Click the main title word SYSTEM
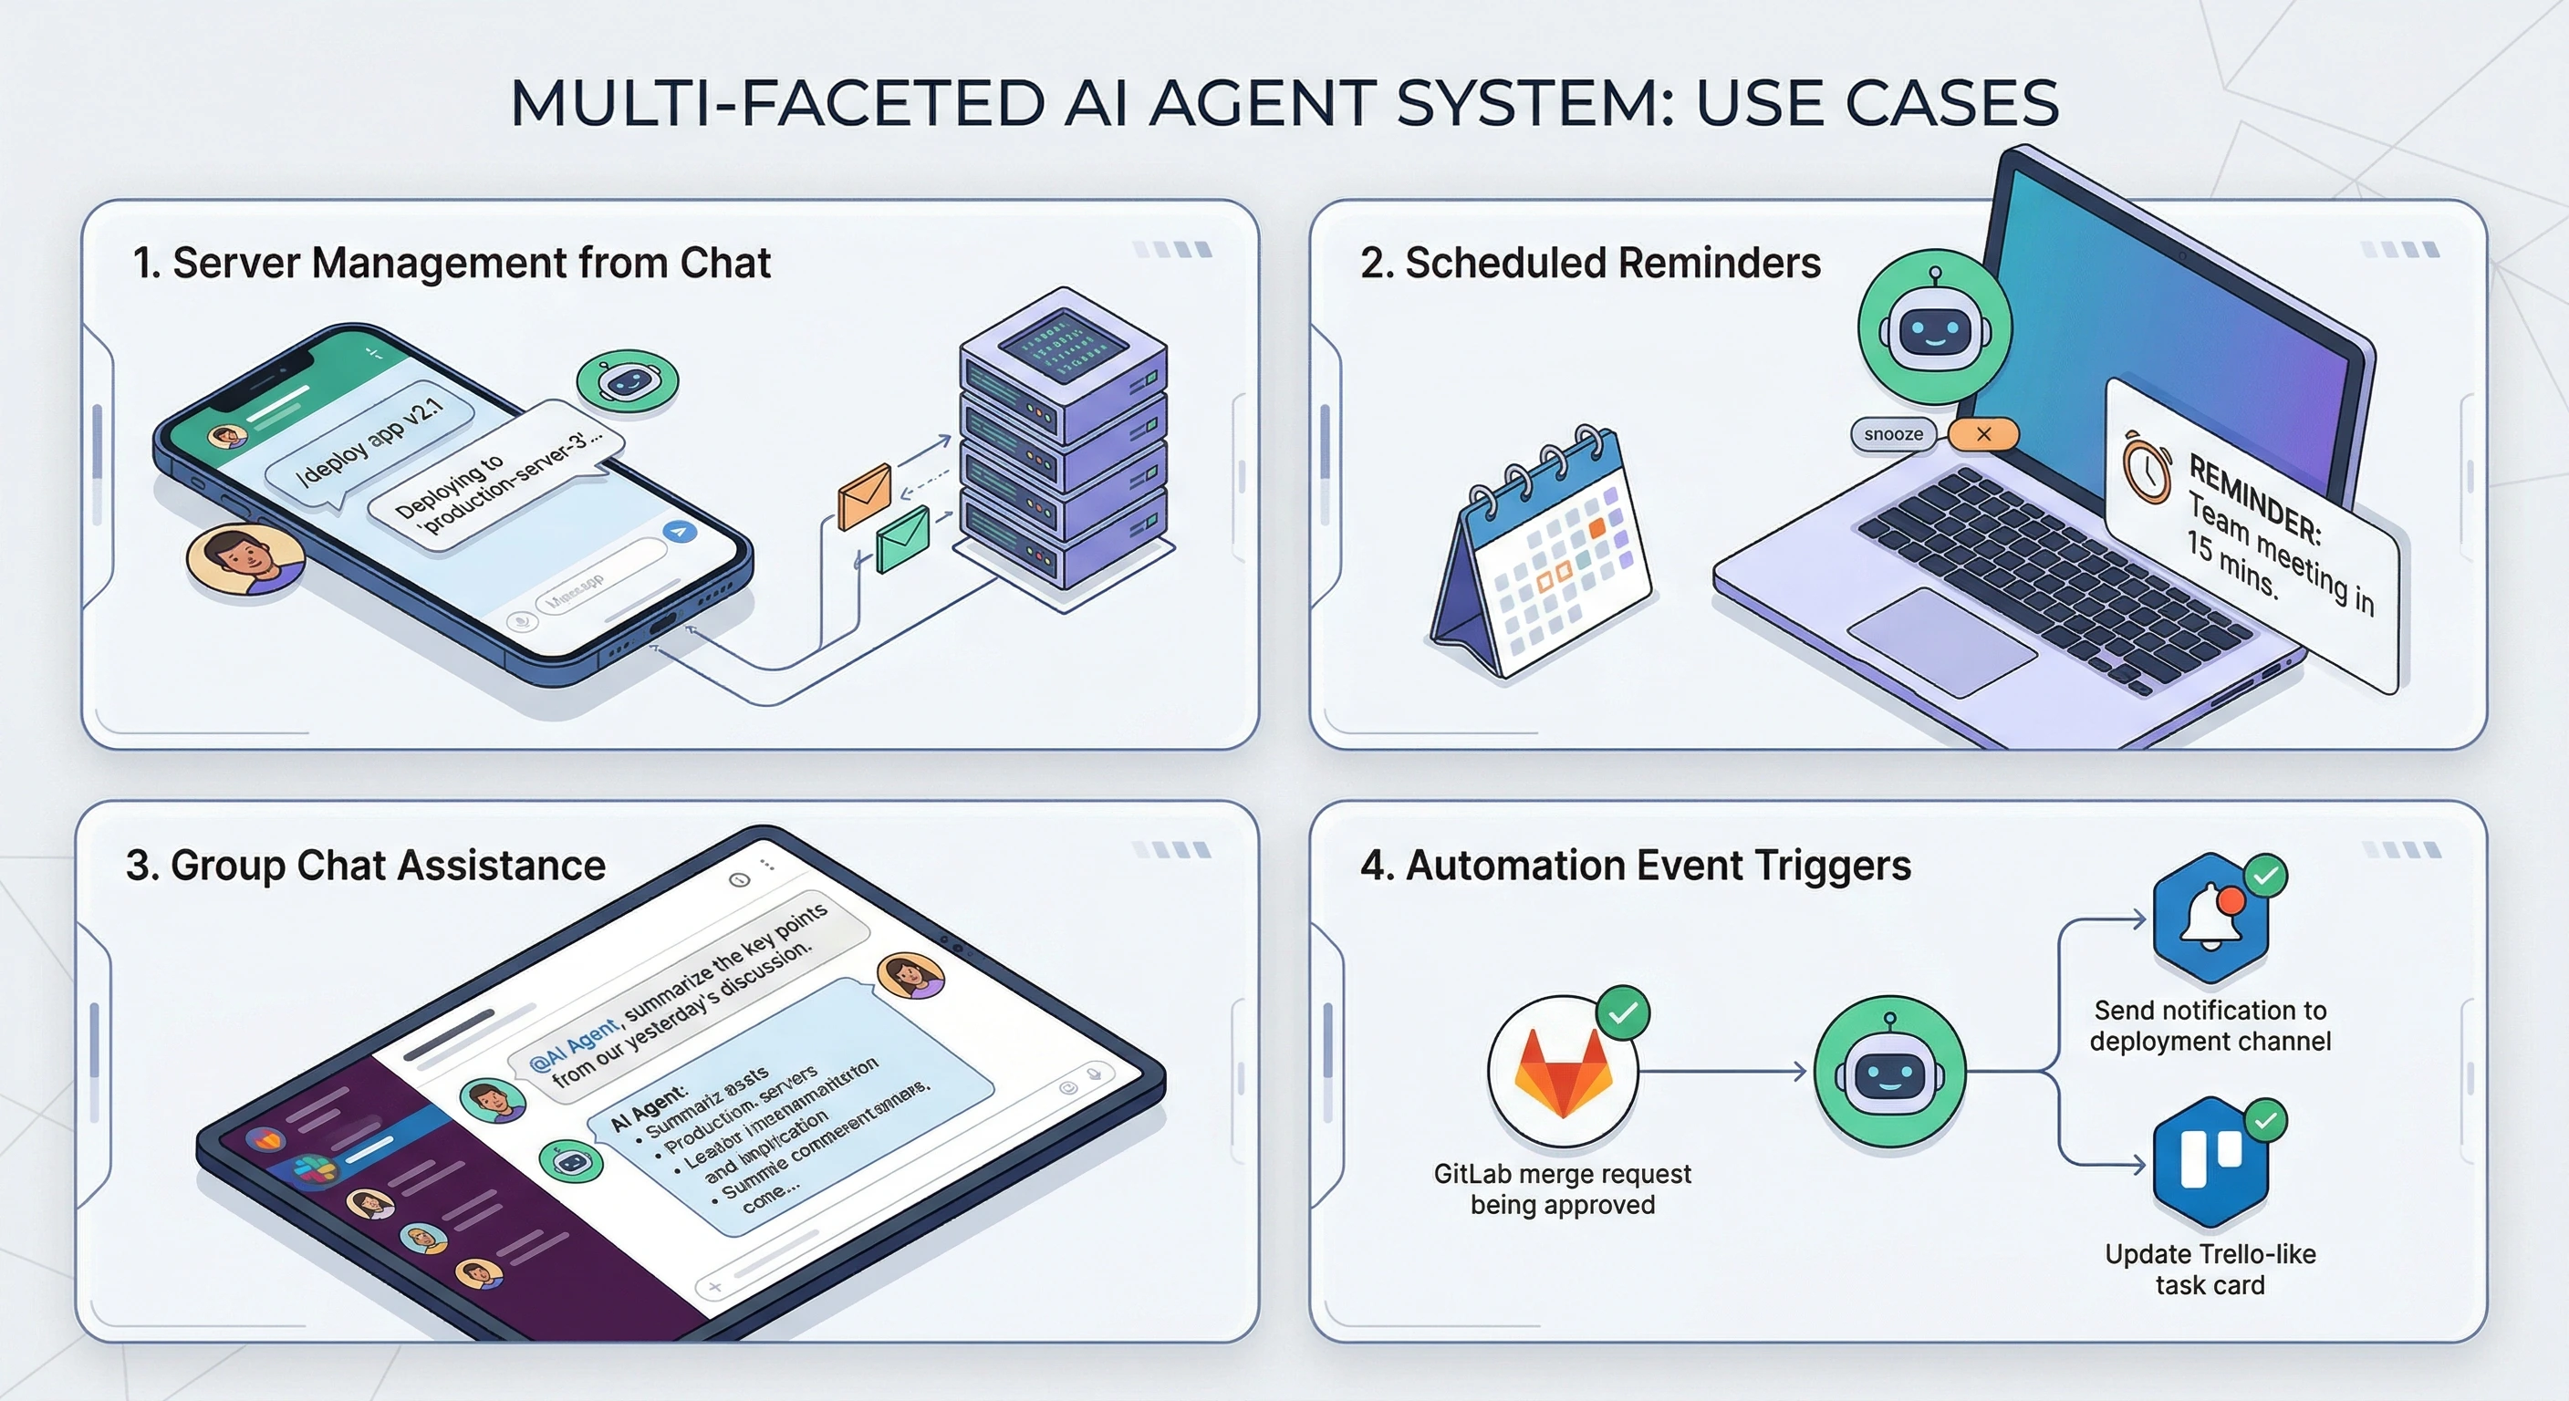click(x=1535, y=104)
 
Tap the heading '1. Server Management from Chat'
click(x=452, y=264)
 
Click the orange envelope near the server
click(x=865, y=495)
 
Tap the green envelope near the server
click(x=902, y=538)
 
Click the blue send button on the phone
click(x=681, y=532)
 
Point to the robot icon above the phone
click(x=628, y=382)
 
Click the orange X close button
click(x=1982, y=434)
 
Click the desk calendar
click(x=1542, y=554)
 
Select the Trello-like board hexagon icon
click(x=2210, y=1162)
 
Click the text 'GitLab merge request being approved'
click(x=1562, y=1188)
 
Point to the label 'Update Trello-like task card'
click(x=2210, y=1269)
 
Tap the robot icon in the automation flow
click(x=1888, y=1072)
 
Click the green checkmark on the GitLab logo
click(x=1623, y=1013)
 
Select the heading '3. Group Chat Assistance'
click(x=365, y=866)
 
